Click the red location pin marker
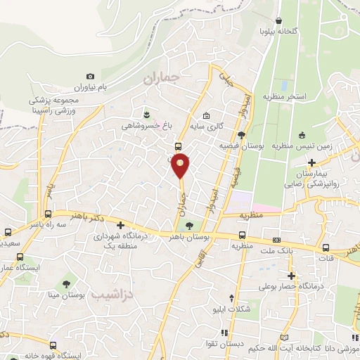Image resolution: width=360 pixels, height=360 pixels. click(181, 165)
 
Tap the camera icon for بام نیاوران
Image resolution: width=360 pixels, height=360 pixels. click(90, 76)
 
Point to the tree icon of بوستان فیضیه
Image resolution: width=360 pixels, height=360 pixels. click(241, 135)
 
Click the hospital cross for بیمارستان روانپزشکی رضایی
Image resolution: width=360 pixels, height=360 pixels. click(311, 162)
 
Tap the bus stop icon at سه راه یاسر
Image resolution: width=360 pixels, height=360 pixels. click(49, 214)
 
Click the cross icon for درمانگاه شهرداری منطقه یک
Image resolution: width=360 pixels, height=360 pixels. click(121, 226)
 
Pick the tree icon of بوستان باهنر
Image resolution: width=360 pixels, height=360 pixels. click(188, 226)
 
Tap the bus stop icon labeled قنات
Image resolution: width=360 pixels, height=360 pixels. click(326, 247)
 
